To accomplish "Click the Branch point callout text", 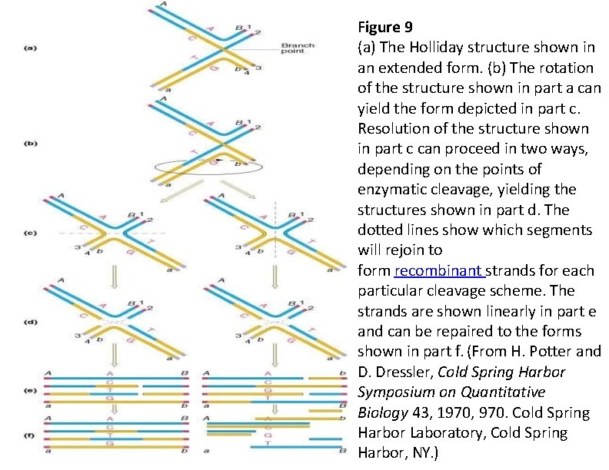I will tap(297, 48).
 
